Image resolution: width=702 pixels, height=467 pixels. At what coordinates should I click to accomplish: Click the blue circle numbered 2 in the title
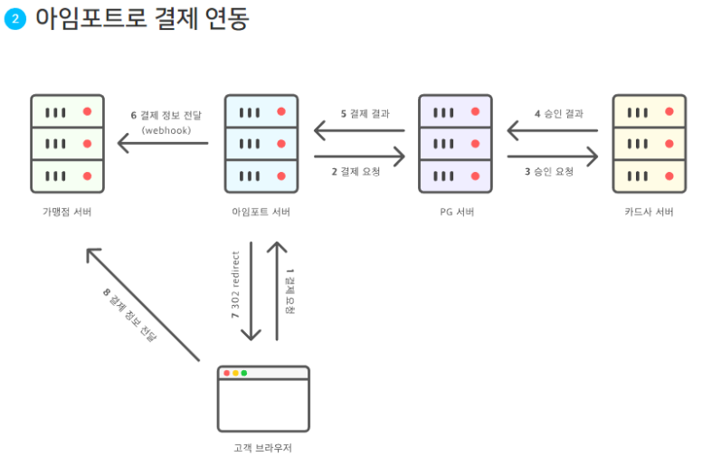(x=14, y=19)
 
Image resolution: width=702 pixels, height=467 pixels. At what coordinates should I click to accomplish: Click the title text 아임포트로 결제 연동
(x=141, y=19)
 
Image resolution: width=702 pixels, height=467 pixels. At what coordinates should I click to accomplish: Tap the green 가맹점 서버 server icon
(x=67, y=143)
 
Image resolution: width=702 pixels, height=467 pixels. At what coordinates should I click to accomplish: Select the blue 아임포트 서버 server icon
(x=261, y=143)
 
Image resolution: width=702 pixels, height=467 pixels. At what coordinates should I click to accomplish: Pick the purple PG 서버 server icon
(x=455, y=143)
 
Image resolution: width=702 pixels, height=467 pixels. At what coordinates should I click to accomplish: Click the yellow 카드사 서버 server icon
(x=649, y=143)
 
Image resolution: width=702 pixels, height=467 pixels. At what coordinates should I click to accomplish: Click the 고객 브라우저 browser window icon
(x=263, y=398)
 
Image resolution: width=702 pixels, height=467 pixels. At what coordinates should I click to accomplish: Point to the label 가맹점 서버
(x=67, y=212)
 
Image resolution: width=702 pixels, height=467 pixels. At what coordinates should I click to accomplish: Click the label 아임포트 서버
(x=261, y=212)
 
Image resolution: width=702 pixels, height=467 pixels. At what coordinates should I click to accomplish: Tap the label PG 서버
(x=455, y=212)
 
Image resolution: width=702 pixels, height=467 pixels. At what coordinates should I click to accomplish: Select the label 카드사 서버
(x=649, y=212)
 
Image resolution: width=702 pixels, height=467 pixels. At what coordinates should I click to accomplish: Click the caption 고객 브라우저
(x=263, y=448)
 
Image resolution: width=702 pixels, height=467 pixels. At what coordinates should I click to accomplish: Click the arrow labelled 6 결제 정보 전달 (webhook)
(x=163, y=143)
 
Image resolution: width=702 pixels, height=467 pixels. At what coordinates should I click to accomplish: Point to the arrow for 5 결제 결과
(x=358, y=131)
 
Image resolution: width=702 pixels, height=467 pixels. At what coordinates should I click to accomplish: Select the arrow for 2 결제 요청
(x=358, y=157)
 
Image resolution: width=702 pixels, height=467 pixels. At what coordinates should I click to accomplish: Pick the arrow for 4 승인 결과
(x=552, y=131)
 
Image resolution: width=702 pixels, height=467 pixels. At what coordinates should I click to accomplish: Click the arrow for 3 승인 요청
(x=552, y=157)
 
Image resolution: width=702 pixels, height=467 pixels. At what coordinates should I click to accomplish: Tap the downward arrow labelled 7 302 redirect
(x=251, y=290)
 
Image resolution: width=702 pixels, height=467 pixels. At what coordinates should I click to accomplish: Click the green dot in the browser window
(x=244, y=373)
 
